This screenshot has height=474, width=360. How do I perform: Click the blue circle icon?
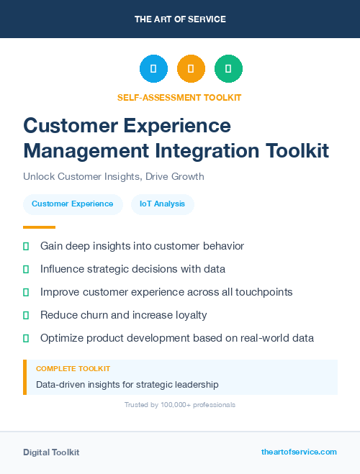pos(153,69)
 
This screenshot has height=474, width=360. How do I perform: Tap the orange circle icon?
pos(191,69)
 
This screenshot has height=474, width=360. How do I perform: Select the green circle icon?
pos(228,69)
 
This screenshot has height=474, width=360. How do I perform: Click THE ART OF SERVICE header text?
pos(180,19)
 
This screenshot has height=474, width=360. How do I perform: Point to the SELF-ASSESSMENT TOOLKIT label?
pos(179,97)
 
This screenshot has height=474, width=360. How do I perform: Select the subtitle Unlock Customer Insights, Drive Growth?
pos(114,176)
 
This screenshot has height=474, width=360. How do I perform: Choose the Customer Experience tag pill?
pos(73,204)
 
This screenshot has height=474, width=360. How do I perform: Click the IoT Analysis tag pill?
pos(162,204)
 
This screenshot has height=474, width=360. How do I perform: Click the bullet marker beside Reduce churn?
pos(26,315)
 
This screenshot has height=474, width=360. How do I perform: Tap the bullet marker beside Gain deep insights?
pos(26,246)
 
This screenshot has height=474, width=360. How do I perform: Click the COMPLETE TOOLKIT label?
pos(73,368)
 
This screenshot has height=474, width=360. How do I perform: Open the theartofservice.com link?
pos(299,452)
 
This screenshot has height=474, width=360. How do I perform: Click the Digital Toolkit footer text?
pos(51,452)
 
